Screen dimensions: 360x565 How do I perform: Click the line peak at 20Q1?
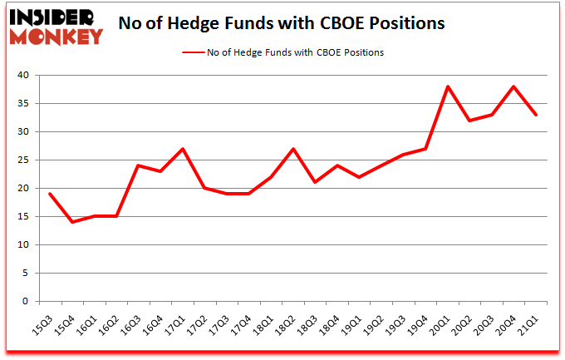point(448,86)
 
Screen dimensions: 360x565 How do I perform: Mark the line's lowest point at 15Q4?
point(71,222)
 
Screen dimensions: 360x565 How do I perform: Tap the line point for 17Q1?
point(183,149)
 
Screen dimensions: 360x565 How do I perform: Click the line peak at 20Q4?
point(514,86)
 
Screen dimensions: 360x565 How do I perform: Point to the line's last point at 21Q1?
point(537,115)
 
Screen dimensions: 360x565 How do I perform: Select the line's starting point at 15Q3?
point(50,194)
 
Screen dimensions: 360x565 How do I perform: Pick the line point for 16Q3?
point(138,165)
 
